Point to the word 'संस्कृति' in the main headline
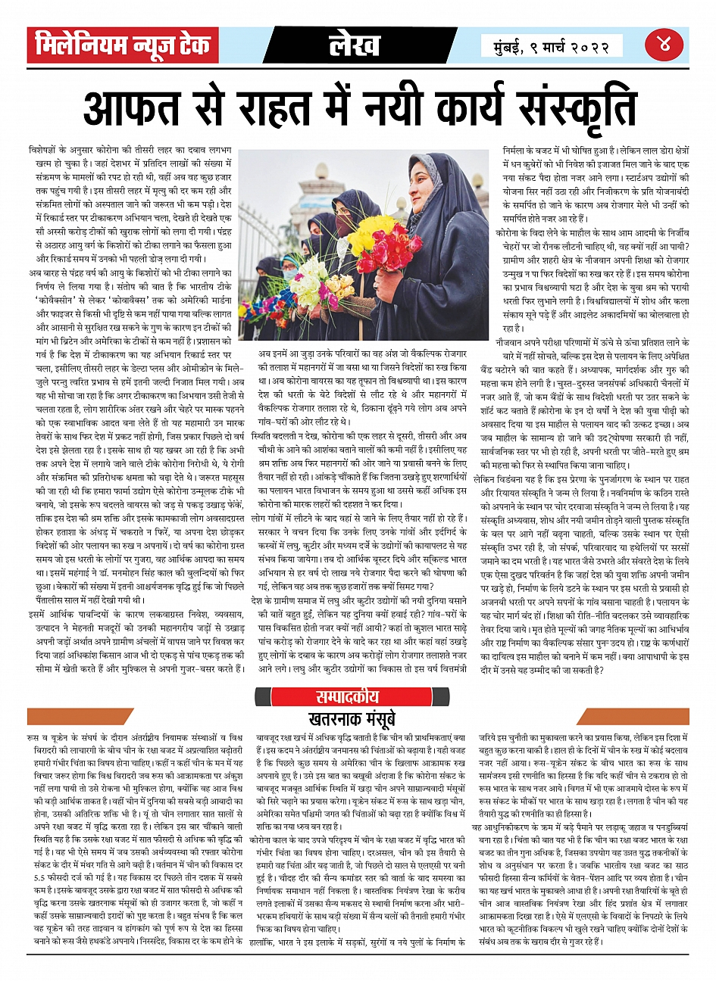571,108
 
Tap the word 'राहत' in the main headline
297,108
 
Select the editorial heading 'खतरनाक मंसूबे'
358,717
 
